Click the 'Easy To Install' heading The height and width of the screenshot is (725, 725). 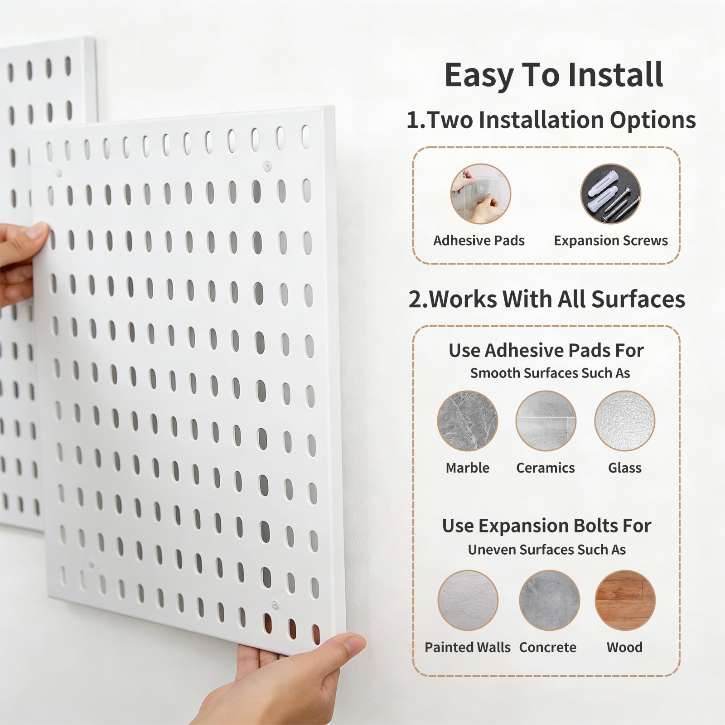coord(554,75)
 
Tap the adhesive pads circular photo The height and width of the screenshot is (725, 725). coord(480,194)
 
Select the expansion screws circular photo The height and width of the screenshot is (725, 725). coord(611,194)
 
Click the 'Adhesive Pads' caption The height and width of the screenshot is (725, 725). coord(479,241)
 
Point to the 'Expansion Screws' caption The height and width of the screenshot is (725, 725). coord(611,241)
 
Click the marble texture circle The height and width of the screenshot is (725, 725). coord(468,421)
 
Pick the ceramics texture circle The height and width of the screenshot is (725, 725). coord(546,421)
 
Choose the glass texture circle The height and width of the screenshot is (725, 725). coord(625,421)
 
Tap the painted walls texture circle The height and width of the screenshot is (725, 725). coord(468,600)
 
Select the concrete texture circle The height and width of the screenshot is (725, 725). coord(550,600)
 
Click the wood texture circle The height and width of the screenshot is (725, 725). coord(625,600)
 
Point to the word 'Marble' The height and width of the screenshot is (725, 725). coord(468,468)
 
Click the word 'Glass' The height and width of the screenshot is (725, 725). coord(625,468)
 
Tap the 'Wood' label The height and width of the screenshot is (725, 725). coord(625,647)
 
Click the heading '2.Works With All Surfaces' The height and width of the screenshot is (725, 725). coord(547,300)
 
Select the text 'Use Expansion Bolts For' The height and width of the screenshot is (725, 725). coord(546,526)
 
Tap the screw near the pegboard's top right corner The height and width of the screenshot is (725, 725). coord(268,166)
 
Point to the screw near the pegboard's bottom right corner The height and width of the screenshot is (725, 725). coord(275,605)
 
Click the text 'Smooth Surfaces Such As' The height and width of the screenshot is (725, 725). coord(550,373)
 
